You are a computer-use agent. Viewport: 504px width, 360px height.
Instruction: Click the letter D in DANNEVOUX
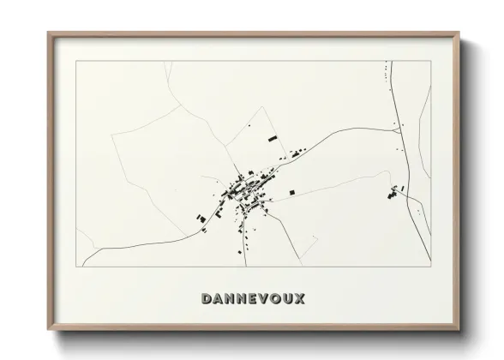(206, 299)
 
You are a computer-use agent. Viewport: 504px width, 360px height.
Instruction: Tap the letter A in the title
(219, 299)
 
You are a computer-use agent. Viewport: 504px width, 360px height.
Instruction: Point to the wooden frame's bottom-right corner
(459, 329)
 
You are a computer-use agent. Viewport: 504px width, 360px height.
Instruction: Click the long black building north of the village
(273, 137)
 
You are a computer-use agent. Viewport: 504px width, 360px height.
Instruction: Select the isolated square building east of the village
(292, 190)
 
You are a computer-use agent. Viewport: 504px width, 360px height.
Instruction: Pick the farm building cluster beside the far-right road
(394, 192)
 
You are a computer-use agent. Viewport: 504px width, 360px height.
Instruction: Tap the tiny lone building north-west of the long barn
(251, 127)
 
